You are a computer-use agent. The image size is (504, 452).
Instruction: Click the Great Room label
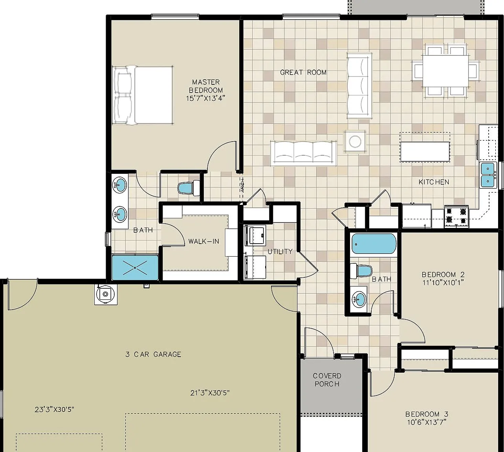pyautogui.click(x=303, y=72)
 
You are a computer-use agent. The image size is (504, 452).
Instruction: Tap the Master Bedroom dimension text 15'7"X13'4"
pyautogui.click(x=205, y=98)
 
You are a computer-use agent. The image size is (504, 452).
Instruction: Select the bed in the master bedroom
pyautogui.click(x=143, y=95)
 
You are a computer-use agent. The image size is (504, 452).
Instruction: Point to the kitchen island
pyautogui.click(x=425, y=151)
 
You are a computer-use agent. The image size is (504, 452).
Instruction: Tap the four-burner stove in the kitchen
pyautogui.click(x=456, y=216)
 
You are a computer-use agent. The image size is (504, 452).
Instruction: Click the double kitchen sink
pyautogui.click(x=488, y=175)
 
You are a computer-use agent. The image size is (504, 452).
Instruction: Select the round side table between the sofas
pyautogui.click(x=355, y=141)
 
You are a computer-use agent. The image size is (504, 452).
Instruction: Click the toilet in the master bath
pyautogui.click(x=189, y=188)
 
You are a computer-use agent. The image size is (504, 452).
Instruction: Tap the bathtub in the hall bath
pyautogui.click(x=373, y=244)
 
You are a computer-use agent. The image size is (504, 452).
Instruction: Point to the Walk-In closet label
pyautogui.click(x=203, y=241)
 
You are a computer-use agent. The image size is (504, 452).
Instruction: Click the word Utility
pyautogui.click(x=280, y=252)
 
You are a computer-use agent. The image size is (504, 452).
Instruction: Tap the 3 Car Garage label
pyautogui.click(x=153, y=354)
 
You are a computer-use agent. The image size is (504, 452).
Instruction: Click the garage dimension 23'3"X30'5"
pyautogui.click(x=55, y=409)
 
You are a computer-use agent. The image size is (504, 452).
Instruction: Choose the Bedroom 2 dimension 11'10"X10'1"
pyautogui.click(x=443, y=282)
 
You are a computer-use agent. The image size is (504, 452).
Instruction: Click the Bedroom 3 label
pyautogui.click(x=427, y=414)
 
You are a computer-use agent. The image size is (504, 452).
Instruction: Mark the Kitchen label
pyautogui.click(x=434, y=182)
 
